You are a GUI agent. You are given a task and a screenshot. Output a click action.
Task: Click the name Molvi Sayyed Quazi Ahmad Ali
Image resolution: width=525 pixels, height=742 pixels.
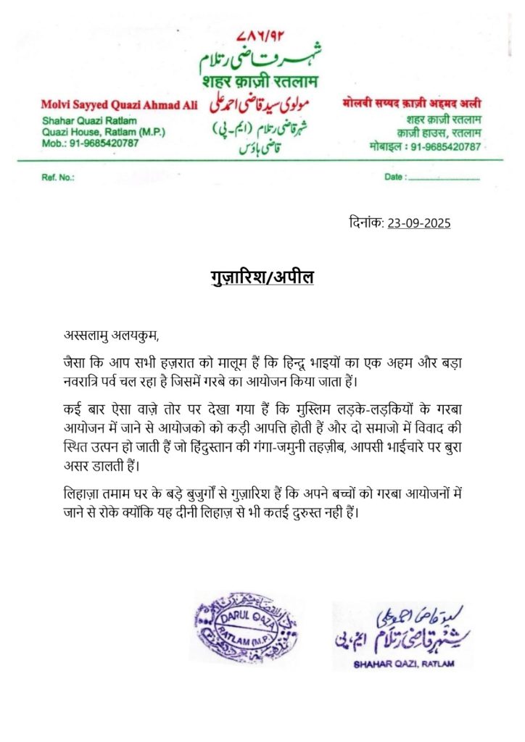coord(120,106)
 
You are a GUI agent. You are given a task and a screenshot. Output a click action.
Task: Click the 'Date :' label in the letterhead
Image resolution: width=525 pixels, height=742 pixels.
coord(394,177)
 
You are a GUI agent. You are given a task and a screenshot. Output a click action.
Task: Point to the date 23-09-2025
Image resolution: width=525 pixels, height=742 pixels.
coord(419,223)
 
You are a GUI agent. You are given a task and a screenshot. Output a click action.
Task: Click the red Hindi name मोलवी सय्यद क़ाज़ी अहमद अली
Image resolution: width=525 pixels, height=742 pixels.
coord(412,106)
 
